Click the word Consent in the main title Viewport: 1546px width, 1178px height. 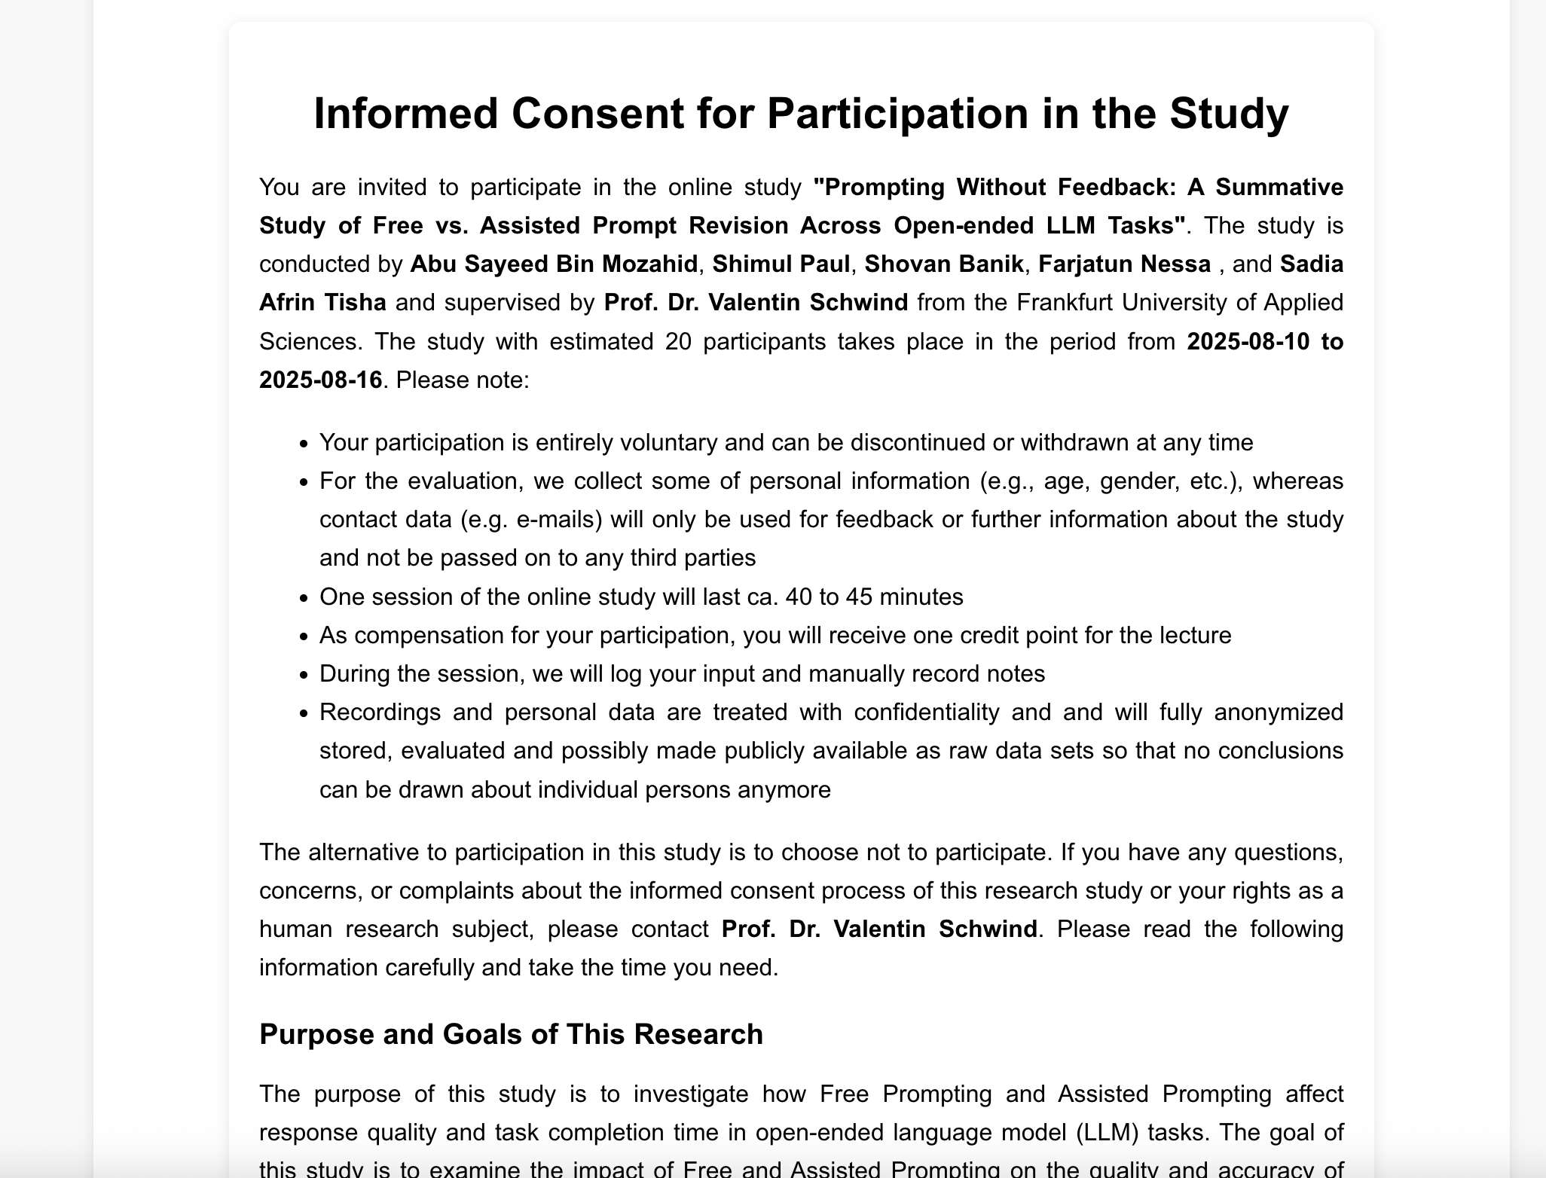coord(597,114)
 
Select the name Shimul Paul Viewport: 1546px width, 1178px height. coord(781,264)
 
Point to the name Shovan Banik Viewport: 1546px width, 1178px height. coord(943,264)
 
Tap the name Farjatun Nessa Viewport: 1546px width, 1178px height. coord(1124,264)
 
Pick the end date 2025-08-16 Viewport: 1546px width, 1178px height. coord(321,380)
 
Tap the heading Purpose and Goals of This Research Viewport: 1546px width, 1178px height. coord(511,1035)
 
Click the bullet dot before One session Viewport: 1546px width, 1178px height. coord(304,598)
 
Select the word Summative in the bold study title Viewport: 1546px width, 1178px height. coord(1279,188)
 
